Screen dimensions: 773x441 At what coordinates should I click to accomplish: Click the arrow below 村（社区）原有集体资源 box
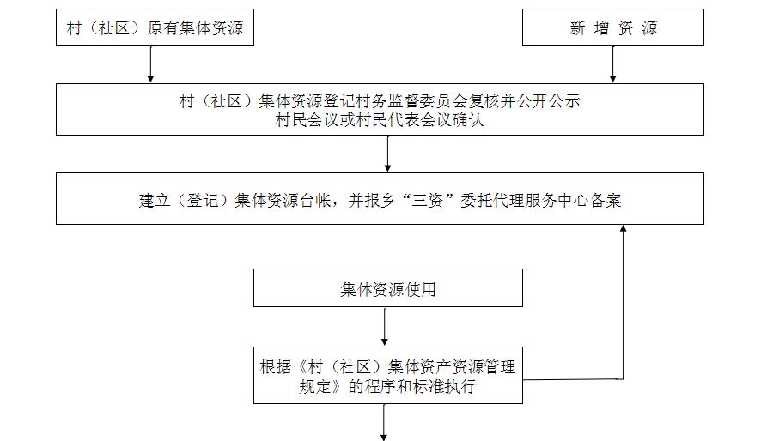tap(150, 64)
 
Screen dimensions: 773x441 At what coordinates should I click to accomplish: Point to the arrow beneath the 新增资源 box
tap(612, 64)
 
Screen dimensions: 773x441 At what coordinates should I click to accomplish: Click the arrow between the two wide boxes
tap(387, 154)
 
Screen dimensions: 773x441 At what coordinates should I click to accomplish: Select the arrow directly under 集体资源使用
tap(385, 327)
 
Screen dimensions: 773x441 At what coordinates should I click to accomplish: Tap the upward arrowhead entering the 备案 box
tap(624, 228)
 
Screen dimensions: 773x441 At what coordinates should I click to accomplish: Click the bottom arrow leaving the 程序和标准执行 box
tap(384, 422)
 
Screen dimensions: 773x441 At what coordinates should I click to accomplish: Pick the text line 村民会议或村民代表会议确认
tap(380, 120)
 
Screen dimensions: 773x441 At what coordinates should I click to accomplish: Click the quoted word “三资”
tap(428, 200)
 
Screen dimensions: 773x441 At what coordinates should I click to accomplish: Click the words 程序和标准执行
tap(420, 386)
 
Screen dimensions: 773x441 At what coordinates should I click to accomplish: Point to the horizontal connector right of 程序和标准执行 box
tap(573, 379)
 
